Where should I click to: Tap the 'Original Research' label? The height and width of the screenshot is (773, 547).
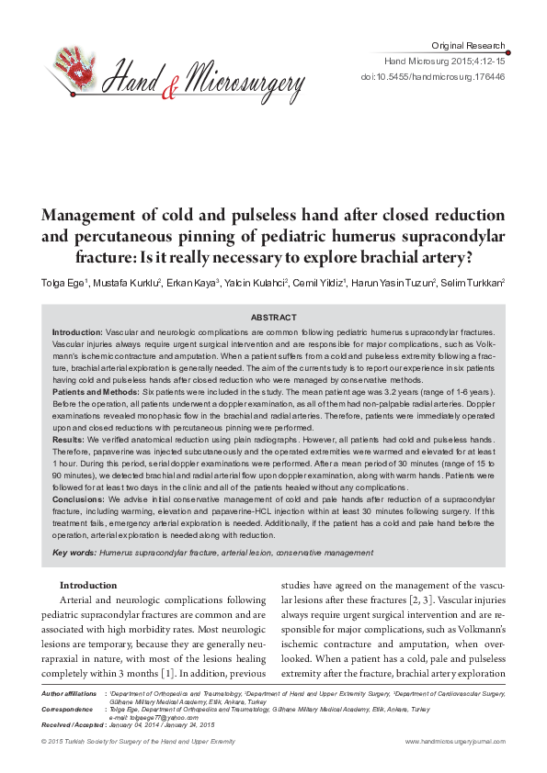tap(468, 45)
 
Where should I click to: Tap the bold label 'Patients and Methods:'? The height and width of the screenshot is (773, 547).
tap(95, 391)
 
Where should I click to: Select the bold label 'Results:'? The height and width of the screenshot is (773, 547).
tap(68, 440)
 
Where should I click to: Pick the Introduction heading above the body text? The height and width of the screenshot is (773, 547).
tap(88, 585)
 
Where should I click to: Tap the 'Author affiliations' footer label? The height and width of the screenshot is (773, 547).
tap(70, 693)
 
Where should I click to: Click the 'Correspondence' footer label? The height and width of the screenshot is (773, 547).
tap(67, 710)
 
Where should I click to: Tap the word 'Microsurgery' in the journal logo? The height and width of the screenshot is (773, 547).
tap(244, 85)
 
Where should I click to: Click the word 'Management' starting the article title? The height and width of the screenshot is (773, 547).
tap(93, 215)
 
